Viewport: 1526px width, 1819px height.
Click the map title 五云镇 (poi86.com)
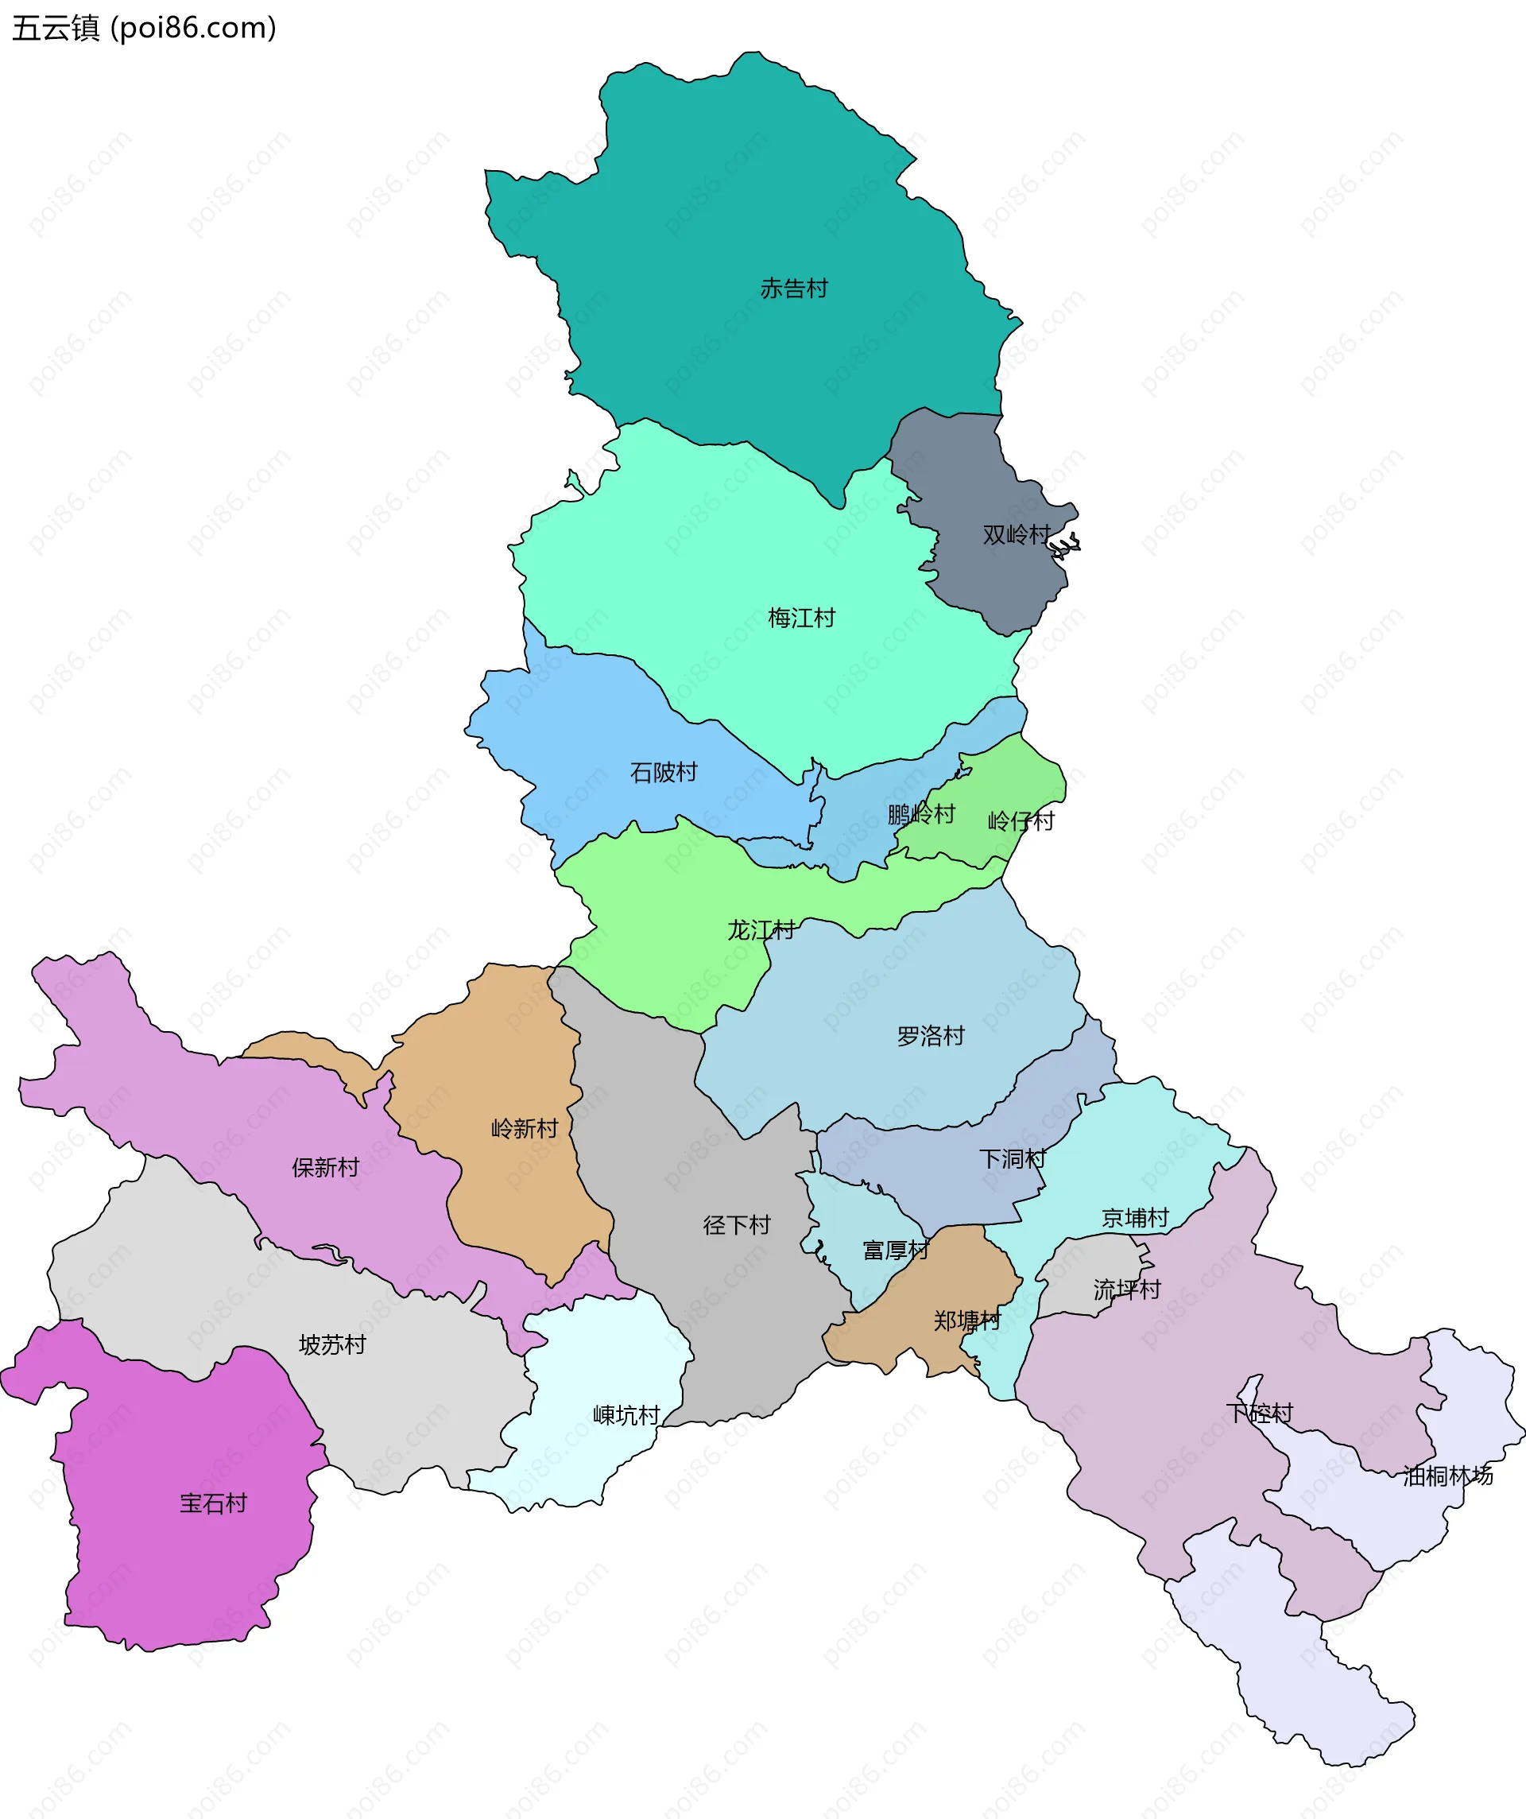144,28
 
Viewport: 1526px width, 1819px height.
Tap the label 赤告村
794,289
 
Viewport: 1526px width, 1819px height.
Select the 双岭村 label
1016,534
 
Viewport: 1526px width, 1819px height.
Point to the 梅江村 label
801,618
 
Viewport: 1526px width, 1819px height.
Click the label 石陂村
664,772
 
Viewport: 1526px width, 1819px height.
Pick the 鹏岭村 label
920,814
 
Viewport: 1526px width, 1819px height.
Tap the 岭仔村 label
1021,820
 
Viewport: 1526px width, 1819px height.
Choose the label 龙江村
761,930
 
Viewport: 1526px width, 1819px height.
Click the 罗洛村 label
930,1036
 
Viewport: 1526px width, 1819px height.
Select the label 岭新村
525,1129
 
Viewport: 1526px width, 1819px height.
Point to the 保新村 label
326,1168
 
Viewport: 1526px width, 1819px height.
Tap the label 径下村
736,1225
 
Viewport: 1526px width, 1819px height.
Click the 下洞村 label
1013,1159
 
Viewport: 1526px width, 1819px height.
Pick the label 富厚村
896,1250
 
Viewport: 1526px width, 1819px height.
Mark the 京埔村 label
1134,1218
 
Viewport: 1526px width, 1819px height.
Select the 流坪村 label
1126,1290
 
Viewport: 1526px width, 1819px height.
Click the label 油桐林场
1448,1475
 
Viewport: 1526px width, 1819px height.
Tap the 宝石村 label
213,1503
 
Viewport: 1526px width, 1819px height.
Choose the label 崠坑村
626,1415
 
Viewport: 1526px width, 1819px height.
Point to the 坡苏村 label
332,1344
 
